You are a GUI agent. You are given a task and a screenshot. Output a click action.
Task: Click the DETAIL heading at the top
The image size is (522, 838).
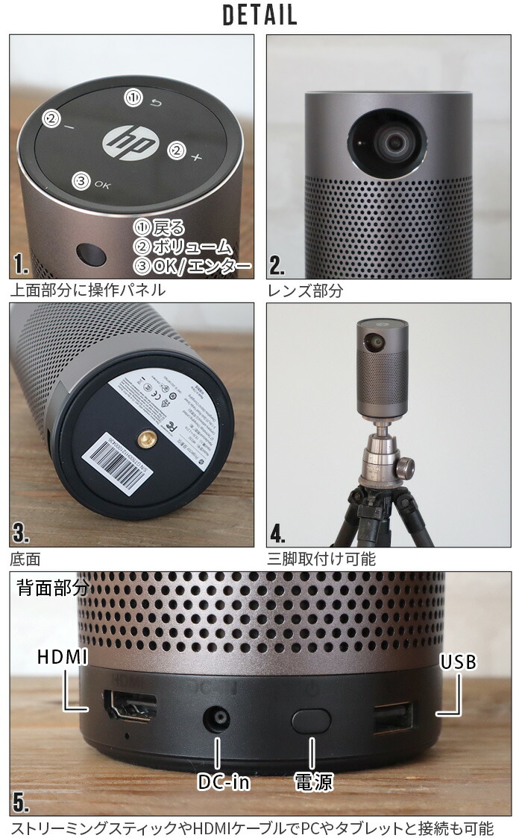click(x=260, y=15)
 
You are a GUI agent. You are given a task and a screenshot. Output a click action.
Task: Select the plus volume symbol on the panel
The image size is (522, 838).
click(x=196, y=157)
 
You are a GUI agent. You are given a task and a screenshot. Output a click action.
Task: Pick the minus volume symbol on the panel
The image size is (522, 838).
click(x=69, y=127)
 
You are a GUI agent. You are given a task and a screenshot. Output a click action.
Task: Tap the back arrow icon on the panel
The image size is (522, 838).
click(x=155, y=104)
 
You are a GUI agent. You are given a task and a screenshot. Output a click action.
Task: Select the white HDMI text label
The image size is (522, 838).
click(x=63, y=657)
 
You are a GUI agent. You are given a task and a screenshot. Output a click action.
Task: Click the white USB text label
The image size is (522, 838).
click(x=458, y=661)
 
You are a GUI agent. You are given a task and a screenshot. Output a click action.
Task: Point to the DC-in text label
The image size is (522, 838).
click(x=223, y=781)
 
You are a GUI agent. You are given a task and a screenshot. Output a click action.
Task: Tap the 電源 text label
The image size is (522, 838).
click(x=313, y=781)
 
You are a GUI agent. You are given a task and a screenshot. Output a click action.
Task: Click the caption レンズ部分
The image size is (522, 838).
click(x=305, y=291)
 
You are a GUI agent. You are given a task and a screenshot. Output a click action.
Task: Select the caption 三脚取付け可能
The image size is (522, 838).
click(x=321, y=558)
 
